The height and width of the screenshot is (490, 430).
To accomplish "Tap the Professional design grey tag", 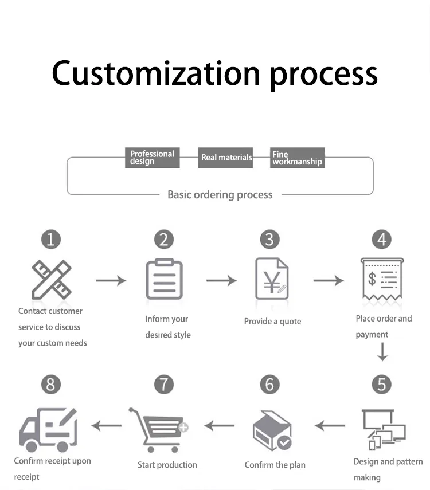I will [x=152, y=158].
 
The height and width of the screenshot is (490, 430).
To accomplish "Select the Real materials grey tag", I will [x=226, y=158].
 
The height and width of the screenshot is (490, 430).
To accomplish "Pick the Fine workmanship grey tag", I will [x=297, y=158].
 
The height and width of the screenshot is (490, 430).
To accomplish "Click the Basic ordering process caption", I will [x=220, y=195].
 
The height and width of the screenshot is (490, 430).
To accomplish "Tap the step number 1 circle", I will [x=51, y=238].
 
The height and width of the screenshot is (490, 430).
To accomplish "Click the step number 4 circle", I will [x=381, y=238].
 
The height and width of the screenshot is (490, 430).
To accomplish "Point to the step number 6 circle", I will [x=270, y=384].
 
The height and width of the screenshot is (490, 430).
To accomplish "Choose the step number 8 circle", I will [x=51, y=384].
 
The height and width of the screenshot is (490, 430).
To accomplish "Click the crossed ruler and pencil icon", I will [x=51, y=280].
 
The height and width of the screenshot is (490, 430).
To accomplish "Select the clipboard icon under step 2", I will [x=164, y=279].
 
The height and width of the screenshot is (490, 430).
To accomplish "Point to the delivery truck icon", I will [x=48, y=429].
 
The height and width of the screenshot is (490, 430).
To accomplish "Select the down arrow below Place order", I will [x=382, y=352].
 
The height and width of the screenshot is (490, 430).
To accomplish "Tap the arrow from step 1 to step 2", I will [x=111, y=280].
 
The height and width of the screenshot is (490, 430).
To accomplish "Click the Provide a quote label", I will [x=272, y=322].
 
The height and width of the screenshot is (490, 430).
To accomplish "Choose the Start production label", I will [x=167, y=465].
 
